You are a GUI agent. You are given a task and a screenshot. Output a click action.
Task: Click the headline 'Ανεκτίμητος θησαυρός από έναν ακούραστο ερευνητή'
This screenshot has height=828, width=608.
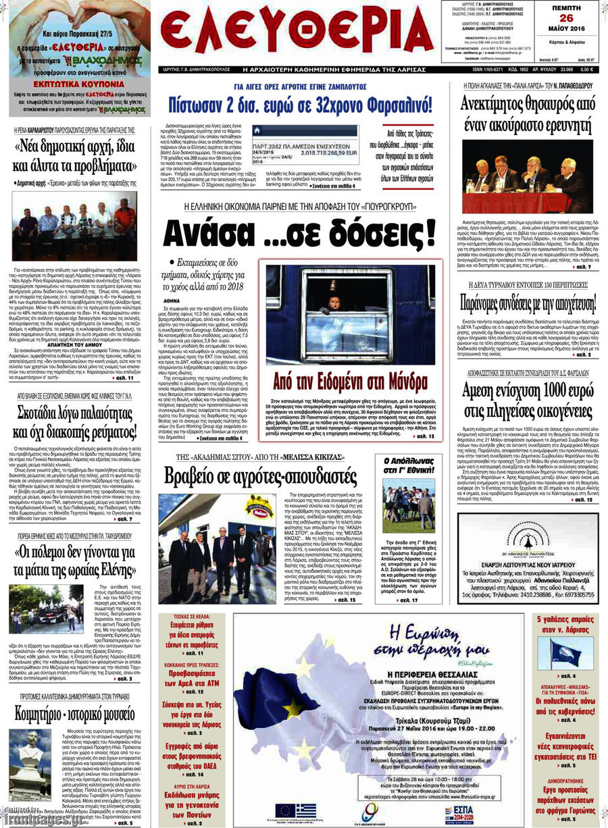tap(528, 114)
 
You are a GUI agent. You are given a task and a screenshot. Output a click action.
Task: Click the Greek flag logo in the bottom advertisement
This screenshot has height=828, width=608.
tap(305, 808)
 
